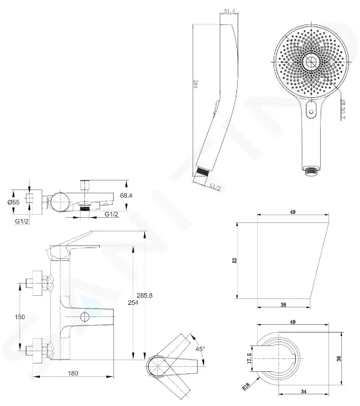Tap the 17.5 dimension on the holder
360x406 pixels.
[250, 359]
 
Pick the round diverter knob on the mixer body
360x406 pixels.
[85, 317]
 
